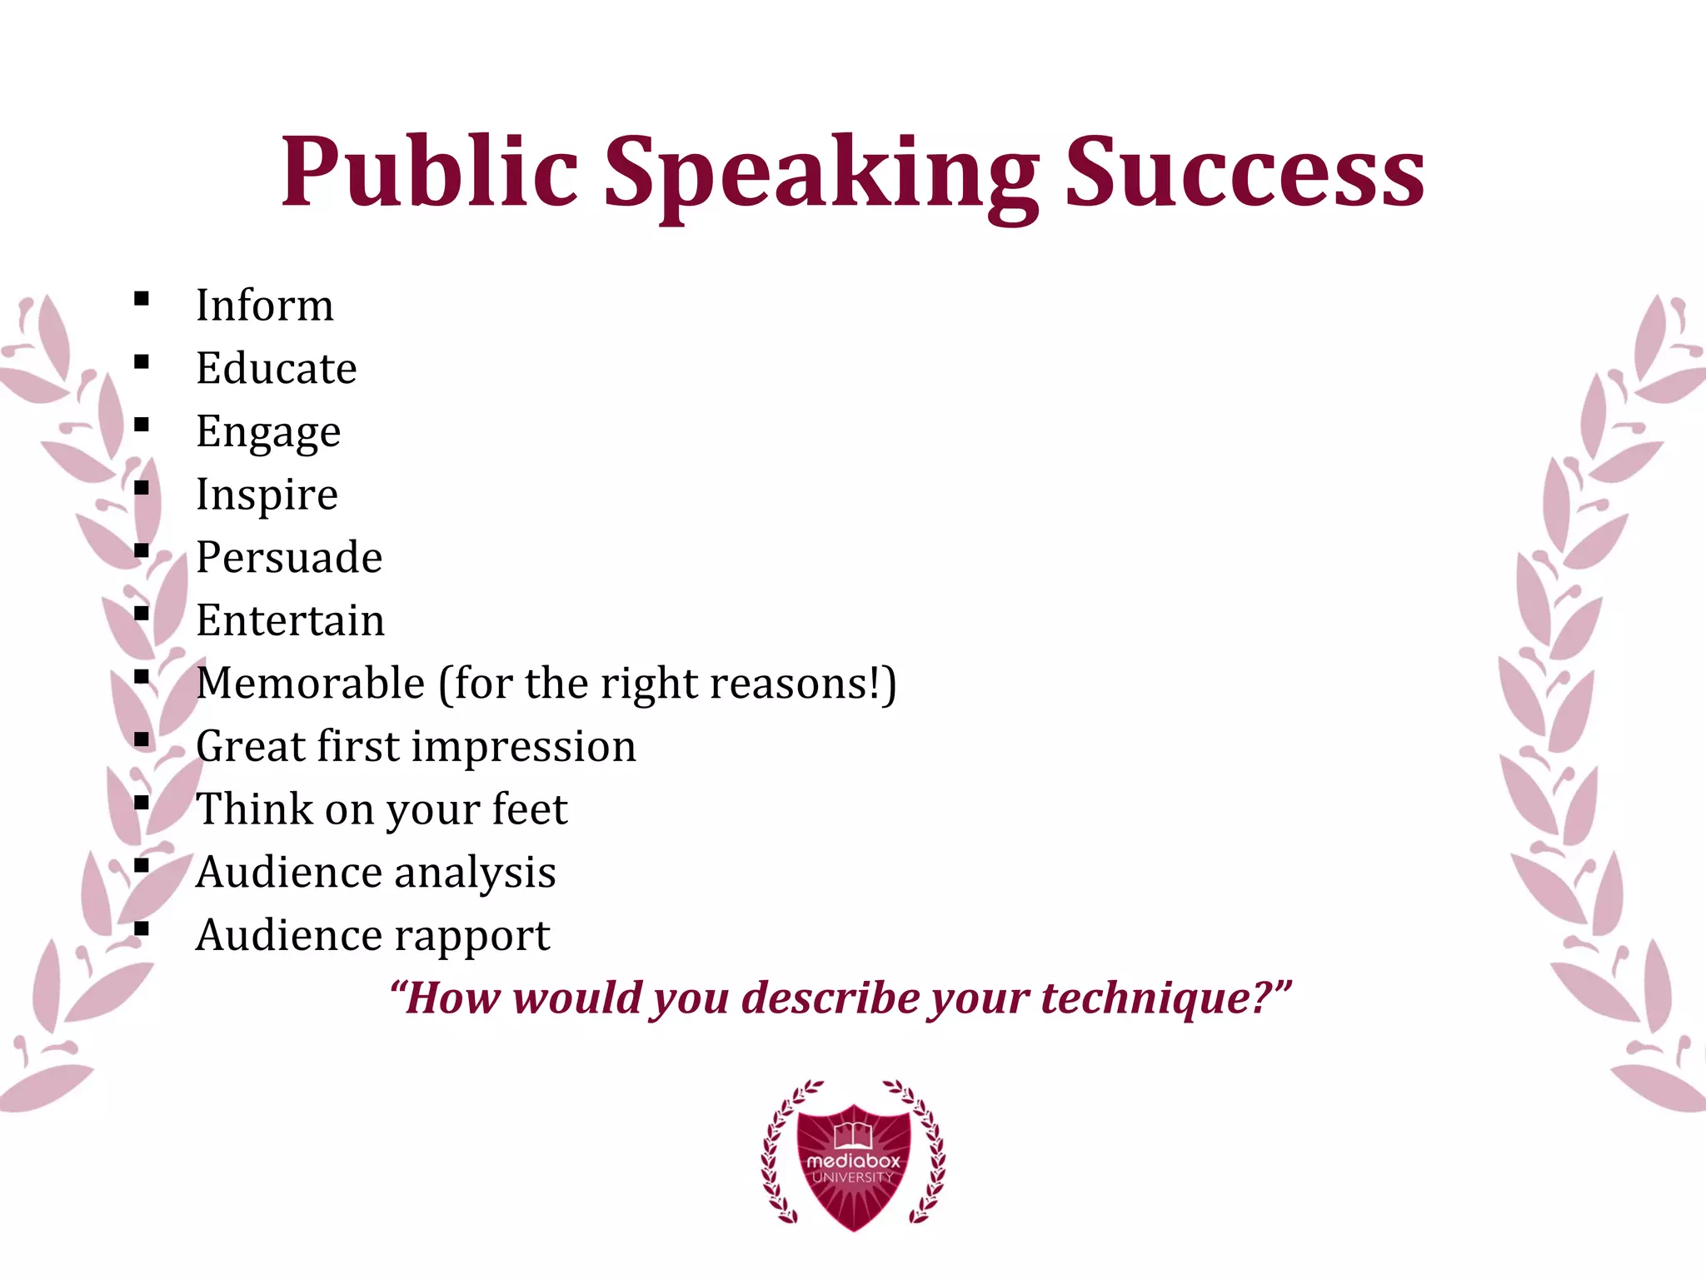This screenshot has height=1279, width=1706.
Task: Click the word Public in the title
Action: pos(429,172)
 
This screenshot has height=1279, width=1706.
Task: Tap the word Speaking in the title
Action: pos(821,175)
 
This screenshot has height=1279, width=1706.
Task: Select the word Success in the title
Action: pos(1245,172)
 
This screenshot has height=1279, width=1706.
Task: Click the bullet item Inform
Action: pos(265,305)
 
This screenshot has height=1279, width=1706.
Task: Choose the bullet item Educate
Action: pos(277,368)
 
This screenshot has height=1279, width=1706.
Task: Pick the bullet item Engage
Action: pos(268,432)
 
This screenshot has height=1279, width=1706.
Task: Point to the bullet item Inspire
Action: pos(267,495)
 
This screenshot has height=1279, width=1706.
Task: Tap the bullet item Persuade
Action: pos(289,557)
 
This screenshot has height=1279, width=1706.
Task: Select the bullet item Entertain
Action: pos(290,620)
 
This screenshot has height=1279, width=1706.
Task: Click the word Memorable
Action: pos(311,683)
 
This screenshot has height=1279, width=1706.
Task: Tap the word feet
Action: pos(530,809)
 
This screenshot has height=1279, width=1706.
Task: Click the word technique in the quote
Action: pos(1154,998)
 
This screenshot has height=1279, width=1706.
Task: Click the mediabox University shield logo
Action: pos(853,1157)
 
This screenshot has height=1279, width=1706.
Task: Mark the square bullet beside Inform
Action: pos(142,299)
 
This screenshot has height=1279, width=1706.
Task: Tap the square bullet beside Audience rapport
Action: pos(142,928)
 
